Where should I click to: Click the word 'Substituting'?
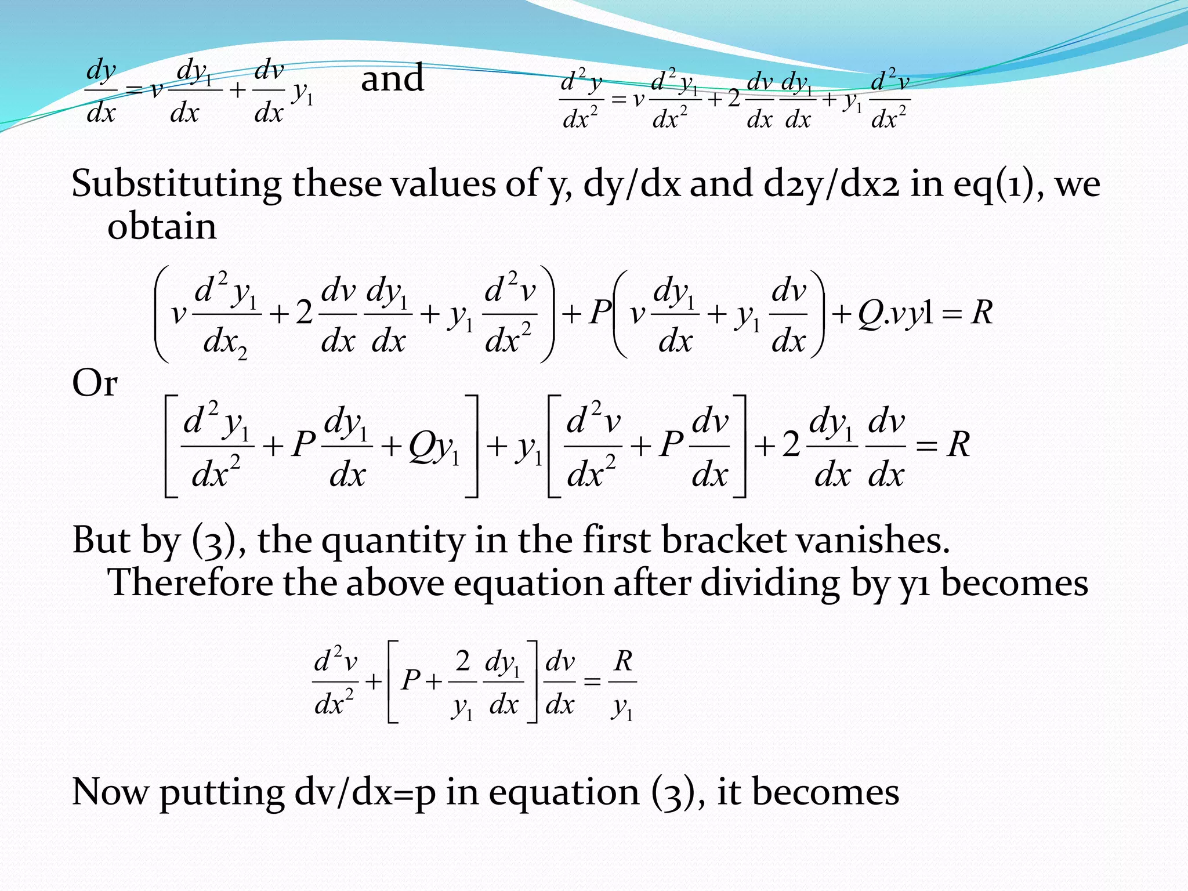click(x=176, y=184)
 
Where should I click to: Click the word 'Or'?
click(x=95, y=383)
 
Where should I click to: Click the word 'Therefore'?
click(x=190, y=582)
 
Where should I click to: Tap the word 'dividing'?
click(x=770, y=584)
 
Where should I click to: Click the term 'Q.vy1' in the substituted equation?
click(x=896, y=314)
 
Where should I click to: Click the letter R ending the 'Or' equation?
click(x=958, y=445)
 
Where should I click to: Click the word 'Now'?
click(x=110, y=792)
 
